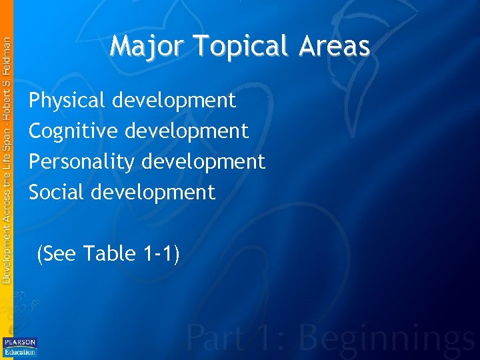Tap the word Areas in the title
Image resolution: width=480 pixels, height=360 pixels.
[x=335, y=47]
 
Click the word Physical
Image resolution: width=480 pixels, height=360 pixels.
[x=67, y=101]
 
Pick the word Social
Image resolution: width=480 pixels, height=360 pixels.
[x=57, y=193]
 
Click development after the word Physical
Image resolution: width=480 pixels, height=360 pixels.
[x=174, y=101]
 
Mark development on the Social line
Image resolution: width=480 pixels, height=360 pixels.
[x=153, y=193]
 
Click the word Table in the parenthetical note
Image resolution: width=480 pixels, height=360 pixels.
[x=109, y=254]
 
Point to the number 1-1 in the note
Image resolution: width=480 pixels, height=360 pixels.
[x=159, y=254]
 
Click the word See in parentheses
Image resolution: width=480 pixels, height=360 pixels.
[x=59, y=254]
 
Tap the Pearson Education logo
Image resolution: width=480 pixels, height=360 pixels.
[x=20, y=347]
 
